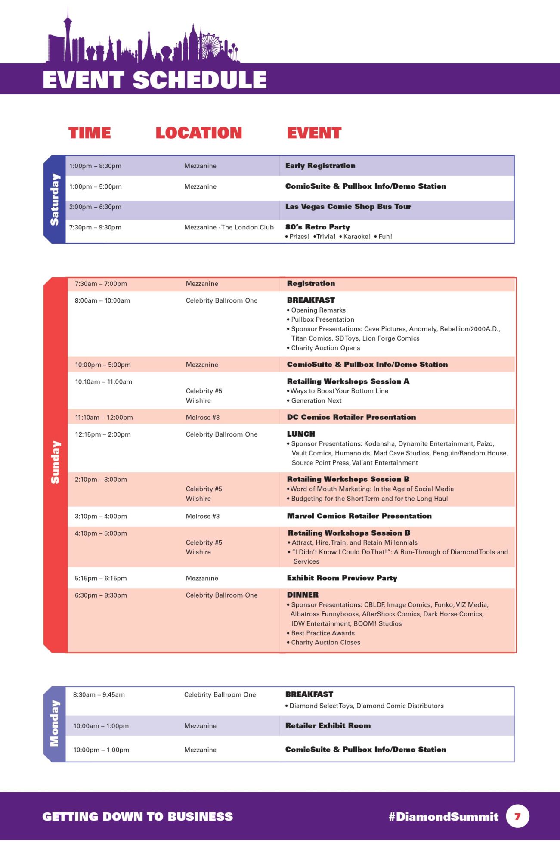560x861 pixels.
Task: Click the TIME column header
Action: click(x=90, y=133)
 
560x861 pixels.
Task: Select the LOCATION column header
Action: click(x=198, y=133)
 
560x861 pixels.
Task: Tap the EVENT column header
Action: click(x=314, y=133)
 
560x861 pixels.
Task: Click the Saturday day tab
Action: click(x=55, y=199)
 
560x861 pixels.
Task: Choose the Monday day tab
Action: click(x=55, y=723)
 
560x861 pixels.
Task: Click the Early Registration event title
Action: click(x=320, y=166)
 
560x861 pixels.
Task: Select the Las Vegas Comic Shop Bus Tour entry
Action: click(x=348, y=207)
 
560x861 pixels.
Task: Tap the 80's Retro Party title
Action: click(x=318, y=227)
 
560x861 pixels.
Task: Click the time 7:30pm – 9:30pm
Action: click(x=95, y=227)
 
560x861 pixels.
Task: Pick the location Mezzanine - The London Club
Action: click(x=229, y=227)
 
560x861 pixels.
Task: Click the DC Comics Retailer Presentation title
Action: click(x=351, y=417)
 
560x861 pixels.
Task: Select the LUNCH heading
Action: click(x=301, y=434)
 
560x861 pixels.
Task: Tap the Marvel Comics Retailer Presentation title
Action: click(x=359, y=516)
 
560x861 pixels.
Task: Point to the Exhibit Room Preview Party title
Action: click(x=342, y=578)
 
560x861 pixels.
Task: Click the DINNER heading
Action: click(x=303, y=595)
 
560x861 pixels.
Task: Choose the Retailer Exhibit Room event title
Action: click(x=328, y=726)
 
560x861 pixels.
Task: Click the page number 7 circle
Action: click(x=517, y=816)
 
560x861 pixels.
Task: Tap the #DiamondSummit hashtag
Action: click(x=443, y=817)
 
